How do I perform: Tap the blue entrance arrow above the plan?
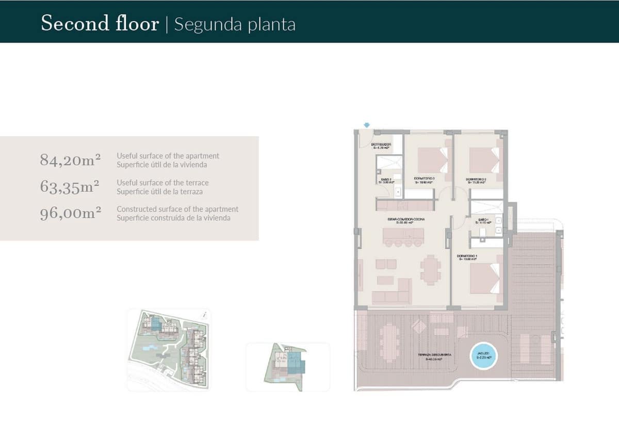pyautogui.click(x=367, y=124)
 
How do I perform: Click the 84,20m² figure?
pyautogui.click(x=70, y=160)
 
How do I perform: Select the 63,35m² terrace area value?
pyautogui.click(x=70, y=187)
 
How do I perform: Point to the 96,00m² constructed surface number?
pyautogui.click(x=70, y=214)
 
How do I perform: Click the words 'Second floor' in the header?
pyautogui.click(x=100, y=24)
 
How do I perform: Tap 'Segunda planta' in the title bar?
pyautogui.click(x=235, y=24)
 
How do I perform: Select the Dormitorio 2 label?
pyautogui.click(x=476, y=181)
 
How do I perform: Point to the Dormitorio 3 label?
pyautogui.click(x=425, y=181)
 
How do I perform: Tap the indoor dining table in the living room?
pyautogui.click(x=430, y=269)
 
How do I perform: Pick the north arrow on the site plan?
pyautogui.click(x=205, y=314)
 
